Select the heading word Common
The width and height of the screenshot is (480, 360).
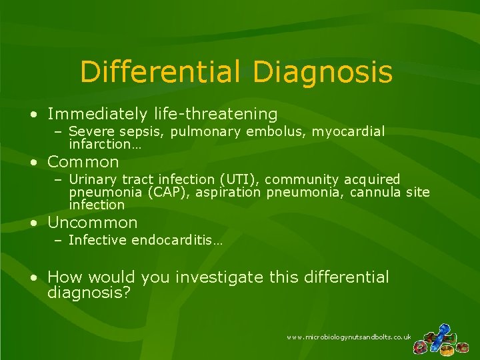click(83, 162)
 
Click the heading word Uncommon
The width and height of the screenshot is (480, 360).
click(93, 223)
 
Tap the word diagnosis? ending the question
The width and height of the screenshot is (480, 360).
click(89, 293)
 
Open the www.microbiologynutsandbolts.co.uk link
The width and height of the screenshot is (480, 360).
click(349, 337)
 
